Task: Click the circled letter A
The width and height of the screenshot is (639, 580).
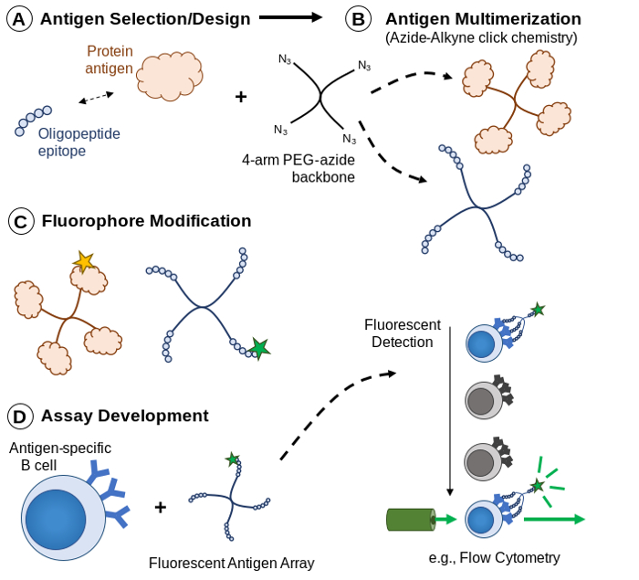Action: [x=19, y=18]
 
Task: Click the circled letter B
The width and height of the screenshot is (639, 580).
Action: [x=359, y=18]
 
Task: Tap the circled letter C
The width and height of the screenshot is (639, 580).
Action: [x=21, y=222]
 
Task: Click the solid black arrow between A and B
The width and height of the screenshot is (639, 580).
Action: [x=290, y=16]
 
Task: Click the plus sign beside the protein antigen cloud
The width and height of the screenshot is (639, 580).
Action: [x=241, y=96]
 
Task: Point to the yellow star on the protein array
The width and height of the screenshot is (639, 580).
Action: [x=84, y=263]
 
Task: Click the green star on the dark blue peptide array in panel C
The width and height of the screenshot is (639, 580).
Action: [x=260, y=348]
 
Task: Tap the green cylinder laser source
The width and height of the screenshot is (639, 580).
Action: [x=410, y=519]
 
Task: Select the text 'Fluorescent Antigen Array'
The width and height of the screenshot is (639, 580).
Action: [x=231, y=563]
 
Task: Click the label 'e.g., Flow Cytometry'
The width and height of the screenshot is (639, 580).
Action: [x=494, y=557]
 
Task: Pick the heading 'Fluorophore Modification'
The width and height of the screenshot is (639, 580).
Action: [x=146, y=221]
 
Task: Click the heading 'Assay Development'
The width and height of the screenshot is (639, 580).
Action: [x=124, y=416]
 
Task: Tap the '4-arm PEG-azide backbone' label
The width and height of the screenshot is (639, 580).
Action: [x=299, y=168]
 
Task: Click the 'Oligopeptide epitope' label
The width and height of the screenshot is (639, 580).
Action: [x=79, y=142]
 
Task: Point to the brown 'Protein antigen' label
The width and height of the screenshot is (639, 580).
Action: [x=109, y=60]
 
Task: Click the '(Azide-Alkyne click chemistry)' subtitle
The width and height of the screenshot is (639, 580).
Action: [x=481, y=37]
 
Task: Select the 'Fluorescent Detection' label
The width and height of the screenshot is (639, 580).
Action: [x=403, y=332]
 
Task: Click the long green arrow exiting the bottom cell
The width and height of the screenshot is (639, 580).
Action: [x=553, y=520]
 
